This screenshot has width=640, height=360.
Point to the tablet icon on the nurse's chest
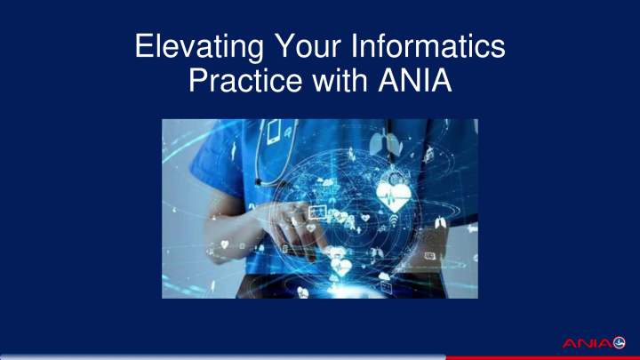275,132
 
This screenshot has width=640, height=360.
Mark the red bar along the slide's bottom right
542,357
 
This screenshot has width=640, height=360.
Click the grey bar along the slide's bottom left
222,357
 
